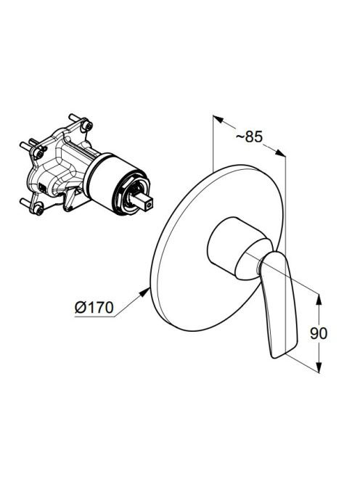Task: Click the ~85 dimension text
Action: coord(249,136)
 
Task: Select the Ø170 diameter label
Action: coord(94,307)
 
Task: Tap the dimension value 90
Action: coord(319,333)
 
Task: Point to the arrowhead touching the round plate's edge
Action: coord(144,293)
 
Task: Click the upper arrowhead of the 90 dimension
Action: coord(319,300)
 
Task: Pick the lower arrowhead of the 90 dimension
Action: coord(319,367)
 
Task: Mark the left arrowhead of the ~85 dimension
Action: coord(218,119)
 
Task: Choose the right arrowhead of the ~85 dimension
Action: coord(280,153)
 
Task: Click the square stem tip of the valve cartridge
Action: coord(149,204)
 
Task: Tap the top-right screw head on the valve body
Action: coord(89,126)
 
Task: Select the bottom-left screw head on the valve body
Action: coord(39,210)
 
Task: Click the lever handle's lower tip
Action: coord(275,356)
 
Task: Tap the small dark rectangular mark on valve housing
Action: coord(41,187)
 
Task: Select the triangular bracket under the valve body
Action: coord(70,199)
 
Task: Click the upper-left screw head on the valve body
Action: coord(38,152)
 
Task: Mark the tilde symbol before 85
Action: coord(240,137)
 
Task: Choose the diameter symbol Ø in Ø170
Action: coord(81,307)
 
